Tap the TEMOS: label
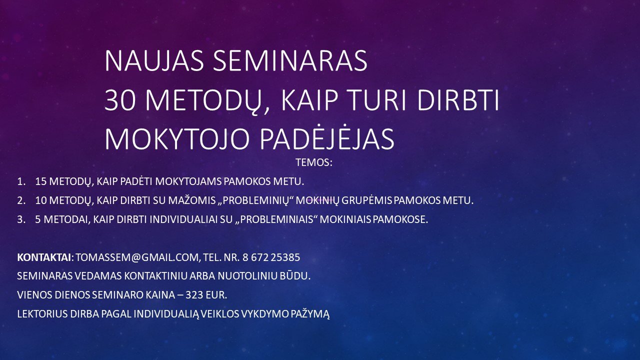click(314, 162)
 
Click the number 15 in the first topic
click(41, 181)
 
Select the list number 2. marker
click(21, 200)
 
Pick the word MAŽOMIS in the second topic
click(191, 200)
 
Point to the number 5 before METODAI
click(38, 219)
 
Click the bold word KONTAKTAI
click(44, 257)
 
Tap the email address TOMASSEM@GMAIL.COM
click(137, 257)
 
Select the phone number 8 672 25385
click(271, 257)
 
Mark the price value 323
click(194, 295)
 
